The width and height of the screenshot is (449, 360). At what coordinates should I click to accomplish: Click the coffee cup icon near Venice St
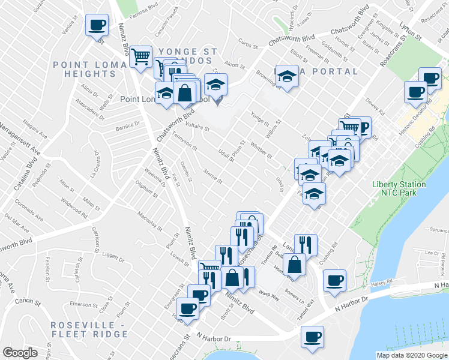pos(97,25)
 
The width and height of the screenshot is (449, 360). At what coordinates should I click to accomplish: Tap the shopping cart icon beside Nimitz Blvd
pos(140,56)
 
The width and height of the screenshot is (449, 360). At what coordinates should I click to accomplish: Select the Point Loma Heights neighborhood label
pos(92,69)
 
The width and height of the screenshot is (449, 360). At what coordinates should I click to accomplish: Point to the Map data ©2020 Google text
pos(412,355)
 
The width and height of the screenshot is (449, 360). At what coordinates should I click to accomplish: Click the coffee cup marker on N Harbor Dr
pos(312,337)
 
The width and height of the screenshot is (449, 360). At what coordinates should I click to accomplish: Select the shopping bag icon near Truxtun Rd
pos(295,263)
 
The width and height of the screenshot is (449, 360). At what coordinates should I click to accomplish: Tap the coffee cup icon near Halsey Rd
pos(334,280)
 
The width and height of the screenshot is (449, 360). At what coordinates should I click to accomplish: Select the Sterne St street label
pos(212,177)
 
